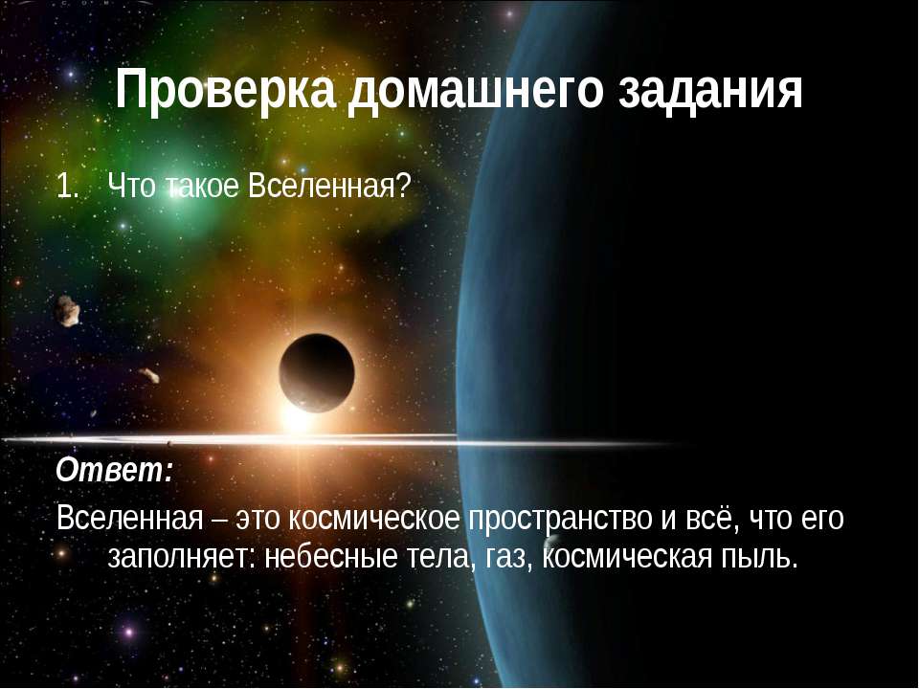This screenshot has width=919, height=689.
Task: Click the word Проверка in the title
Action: [225, 91]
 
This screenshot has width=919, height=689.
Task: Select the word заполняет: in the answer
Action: [179, 556]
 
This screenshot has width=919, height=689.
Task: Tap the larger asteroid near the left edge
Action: [67, 308]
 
